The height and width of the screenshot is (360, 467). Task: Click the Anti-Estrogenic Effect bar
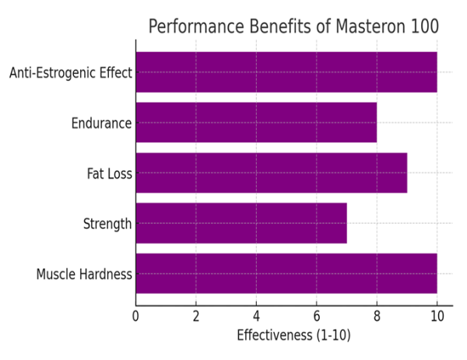click(x=286, y=72)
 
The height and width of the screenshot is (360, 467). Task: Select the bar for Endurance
click(x=256, y=123)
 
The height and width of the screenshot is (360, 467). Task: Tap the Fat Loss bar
click(x=271, y=173)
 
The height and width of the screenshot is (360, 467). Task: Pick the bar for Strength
click(x=241, y=224)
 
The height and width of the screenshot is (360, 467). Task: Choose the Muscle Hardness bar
click(x=286, y=274)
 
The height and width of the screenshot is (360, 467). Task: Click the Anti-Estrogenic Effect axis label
click(x=71, y=73)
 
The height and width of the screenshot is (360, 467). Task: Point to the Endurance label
click(x=101, y=123)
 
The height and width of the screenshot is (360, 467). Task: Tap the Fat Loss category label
click(x=109, y=173)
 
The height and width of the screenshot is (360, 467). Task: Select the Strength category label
click(x=107, y=224)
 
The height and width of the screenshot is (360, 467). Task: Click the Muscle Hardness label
click(x=84, y=274)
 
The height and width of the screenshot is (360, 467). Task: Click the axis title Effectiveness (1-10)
click(x=293, y=336)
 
